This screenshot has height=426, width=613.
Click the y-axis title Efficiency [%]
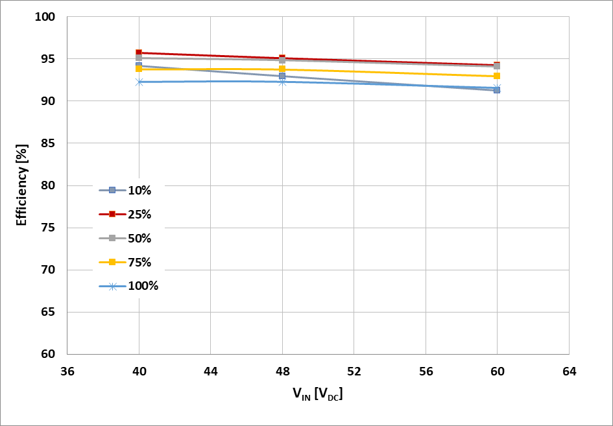point(21,185)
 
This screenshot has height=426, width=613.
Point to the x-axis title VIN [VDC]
point(317,394)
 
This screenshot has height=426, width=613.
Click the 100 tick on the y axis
point(48,17)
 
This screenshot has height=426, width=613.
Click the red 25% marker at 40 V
point(139,53)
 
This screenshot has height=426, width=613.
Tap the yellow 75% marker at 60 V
point(497,76)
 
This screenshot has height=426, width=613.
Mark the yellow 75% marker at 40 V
point(139,69)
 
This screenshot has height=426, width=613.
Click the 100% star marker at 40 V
point(139,82)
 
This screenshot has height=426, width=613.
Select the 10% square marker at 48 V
point(282,76)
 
